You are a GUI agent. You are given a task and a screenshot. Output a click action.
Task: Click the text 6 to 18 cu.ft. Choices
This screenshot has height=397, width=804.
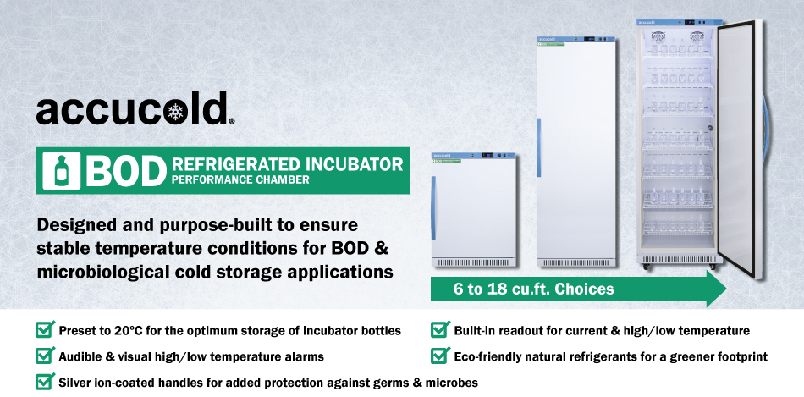pyautogui.click(x=533, y=289)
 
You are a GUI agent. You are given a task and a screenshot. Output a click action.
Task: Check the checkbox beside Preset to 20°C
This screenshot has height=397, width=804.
pyautogui.click(x=44, y=329)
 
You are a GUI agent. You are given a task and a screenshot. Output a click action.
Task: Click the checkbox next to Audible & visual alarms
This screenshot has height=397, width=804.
pyautogui.click(x=44, y=356)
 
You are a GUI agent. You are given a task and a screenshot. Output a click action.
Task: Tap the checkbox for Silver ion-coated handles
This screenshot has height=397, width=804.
pyautogui.click(x=44, y=382)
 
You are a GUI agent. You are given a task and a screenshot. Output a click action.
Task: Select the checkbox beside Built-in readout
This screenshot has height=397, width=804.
pyautogui.click(x=439, y=329)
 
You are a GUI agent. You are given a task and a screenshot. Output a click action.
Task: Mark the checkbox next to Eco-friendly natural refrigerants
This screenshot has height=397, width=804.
pyautogui.click(x=439, y=356)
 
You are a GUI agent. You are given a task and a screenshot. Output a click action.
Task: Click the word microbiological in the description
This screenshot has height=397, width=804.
pyautogui.click(x=94, y=272)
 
